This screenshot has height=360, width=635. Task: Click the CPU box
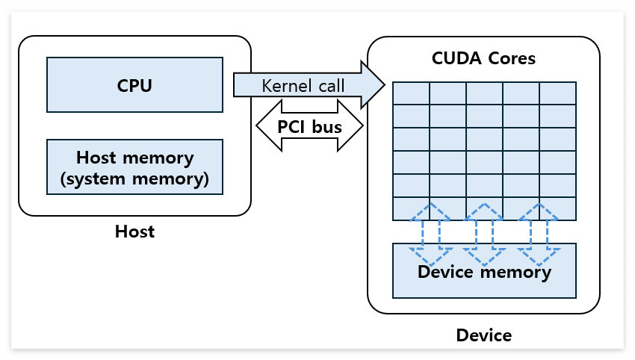pos(134,84)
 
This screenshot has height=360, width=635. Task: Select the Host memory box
pos(134,168)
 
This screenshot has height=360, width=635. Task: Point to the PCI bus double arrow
pos(309,126)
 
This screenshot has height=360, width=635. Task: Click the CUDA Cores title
pos(483,58)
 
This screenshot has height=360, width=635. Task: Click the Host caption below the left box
pos(134,232)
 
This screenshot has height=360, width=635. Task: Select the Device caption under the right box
pos(484,335)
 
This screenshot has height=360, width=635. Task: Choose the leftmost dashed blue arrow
pos(429,235)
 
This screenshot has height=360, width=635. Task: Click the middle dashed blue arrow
pos(484,235)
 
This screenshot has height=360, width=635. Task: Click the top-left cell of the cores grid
pos(412,93)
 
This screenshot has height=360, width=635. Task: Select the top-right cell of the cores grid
pos(557,93)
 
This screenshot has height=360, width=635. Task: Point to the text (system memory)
pos(134,179)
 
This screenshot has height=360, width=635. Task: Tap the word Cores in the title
pos(511,58)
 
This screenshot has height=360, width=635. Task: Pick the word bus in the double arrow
pos(326,126)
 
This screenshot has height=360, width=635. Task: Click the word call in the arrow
pos(330,85)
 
